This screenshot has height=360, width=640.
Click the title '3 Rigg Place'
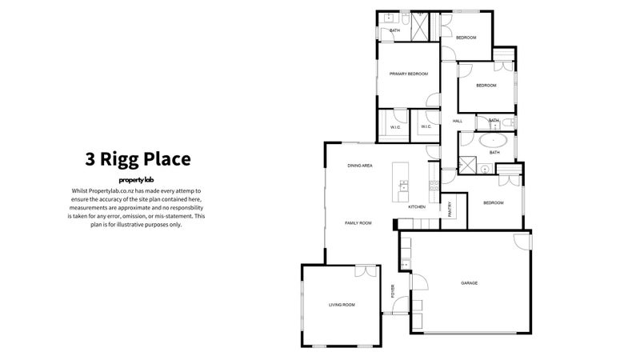click(x=138, y=158)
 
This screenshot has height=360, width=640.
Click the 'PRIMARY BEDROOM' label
click(x=409, y=74)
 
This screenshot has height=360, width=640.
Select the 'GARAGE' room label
click(x=470, y=283)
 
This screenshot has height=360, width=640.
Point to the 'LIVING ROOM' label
click(x=342, y=305)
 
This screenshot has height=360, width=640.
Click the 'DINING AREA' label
click(x=360, y=166)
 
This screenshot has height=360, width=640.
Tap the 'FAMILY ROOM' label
click(x=358, y=222)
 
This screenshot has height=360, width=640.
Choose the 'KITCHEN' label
click(x=417, y=207)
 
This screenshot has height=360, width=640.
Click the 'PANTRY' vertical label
click(x=450, y=208)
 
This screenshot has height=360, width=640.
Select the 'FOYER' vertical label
click(x=393, y=290)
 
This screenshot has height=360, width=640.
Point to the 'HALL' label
click(x=458, y=122)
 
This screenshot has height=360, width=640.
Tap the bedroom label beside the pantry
click(x=494, y=203)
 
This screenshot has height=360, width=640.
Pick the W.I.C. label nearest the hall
click(x=425, y=126)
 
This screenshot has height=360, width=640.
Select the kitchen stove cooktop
click(x=432, y=186)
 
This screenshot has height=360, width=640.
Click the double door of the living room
click(x=365, y=270)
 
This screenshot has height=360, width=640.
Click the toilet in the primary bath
click(x=406, y=17)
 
